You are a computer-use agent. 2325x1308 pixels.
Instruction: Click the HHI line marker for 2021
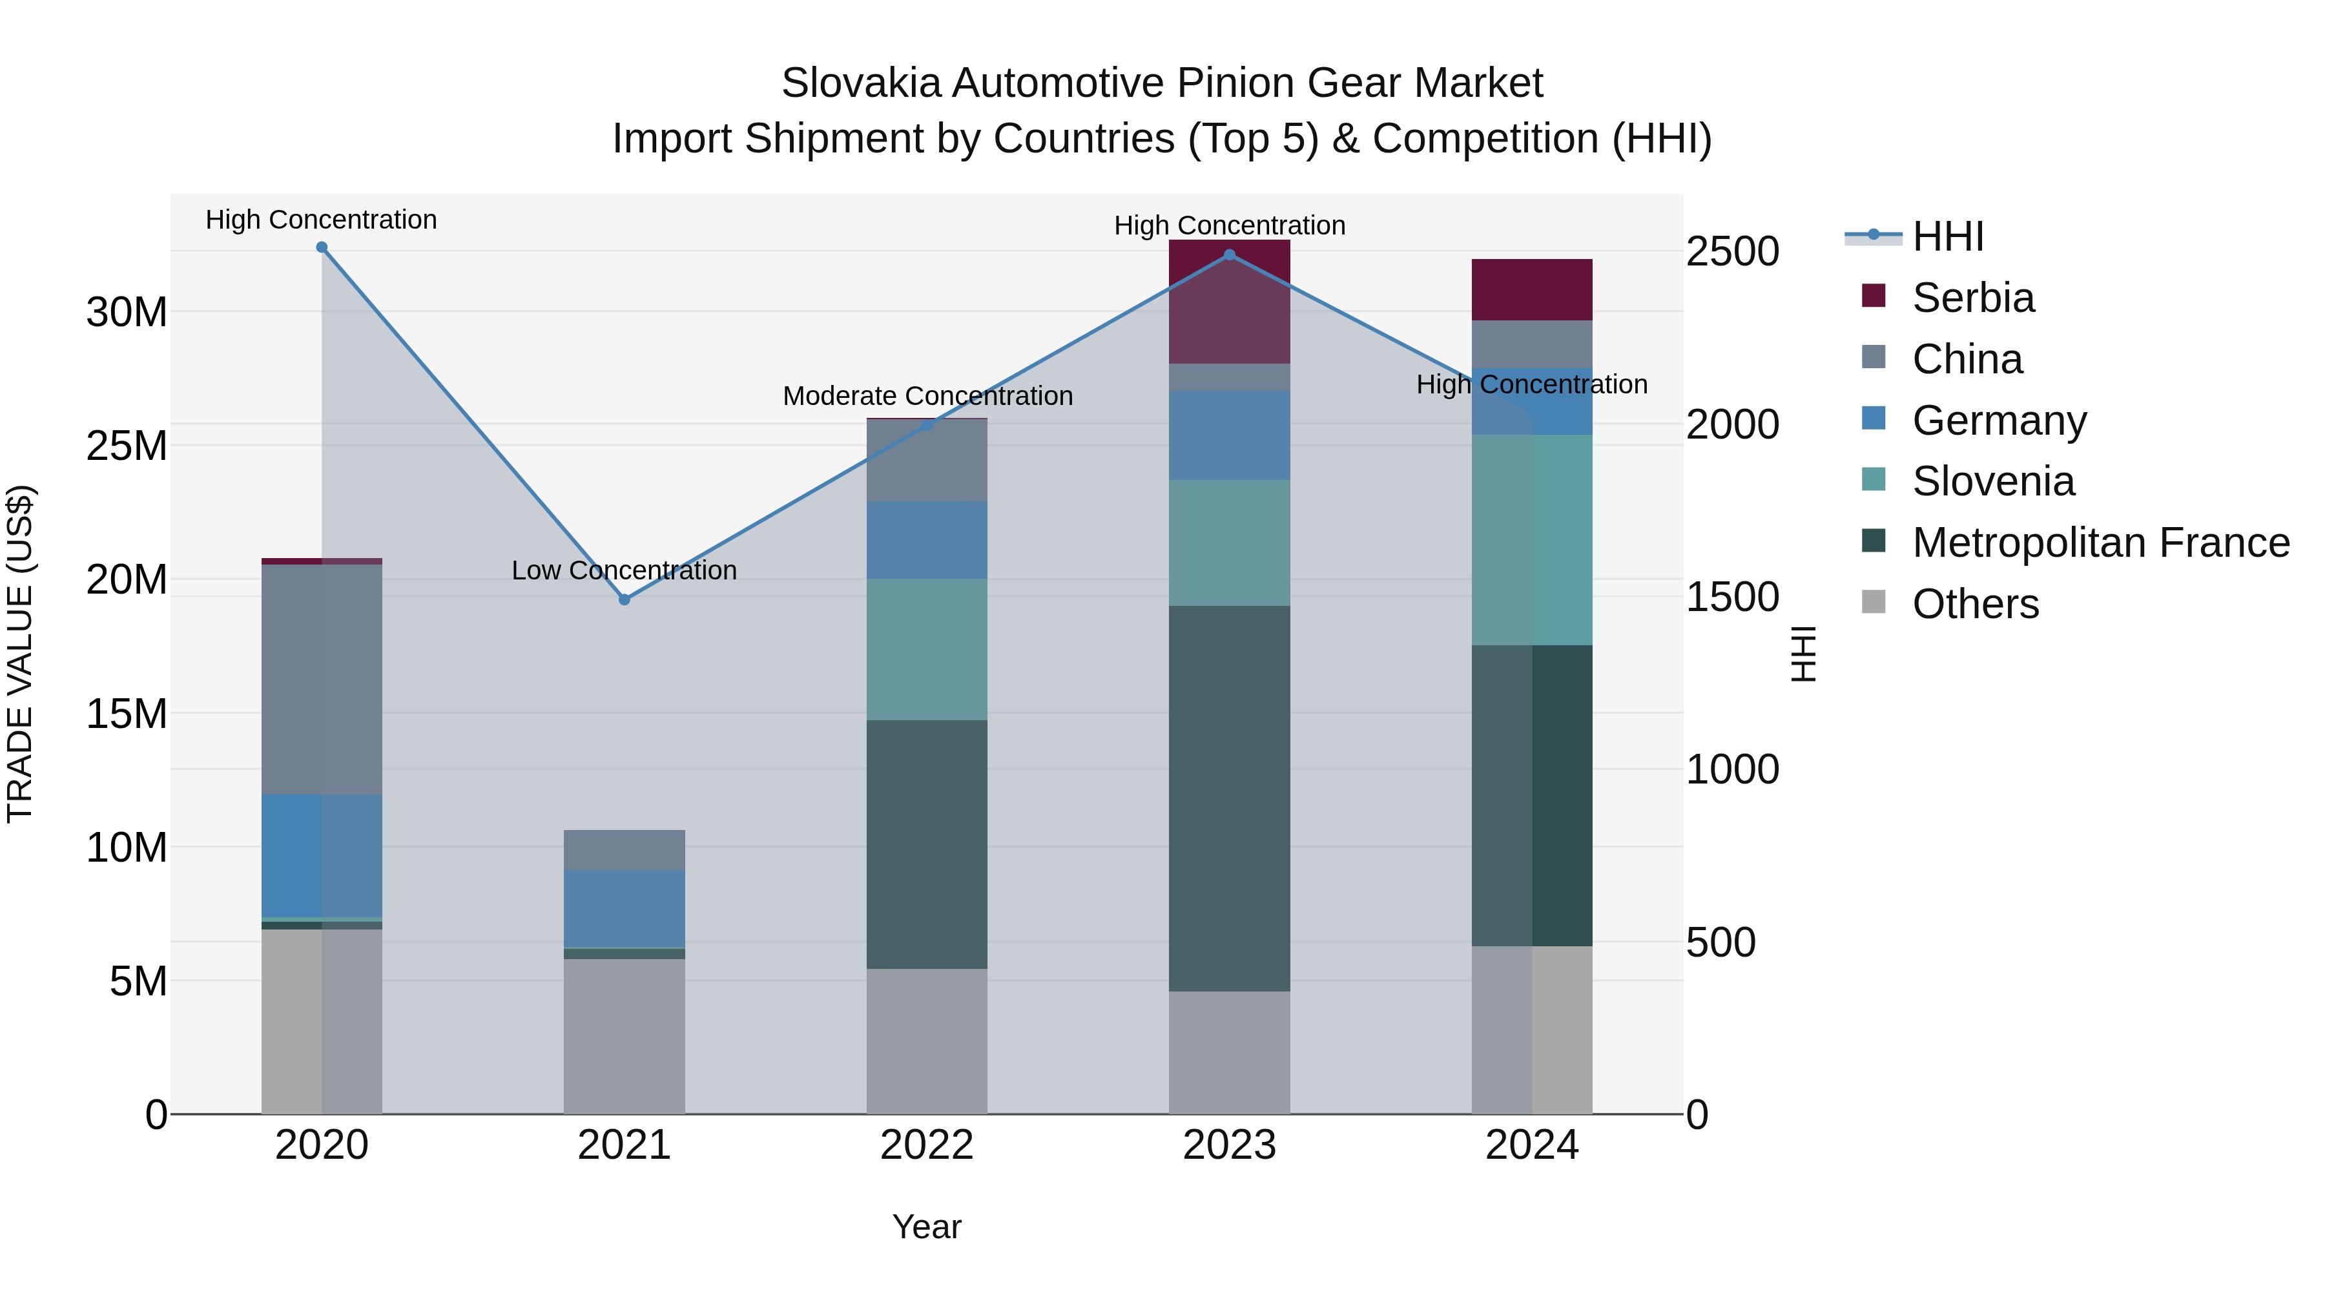coord(624,599)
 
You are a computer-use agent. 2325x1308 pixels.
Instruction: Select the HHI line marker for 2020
coord(322,247)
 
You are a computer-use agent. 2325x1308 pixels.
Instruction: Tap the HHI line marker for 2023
coord(1229,255)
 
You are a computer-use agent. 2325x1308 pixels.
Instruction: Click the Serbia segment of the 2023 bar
coord(1229,302)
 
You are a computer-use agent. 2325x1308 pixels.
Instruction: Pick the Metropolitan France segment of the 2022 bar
coord(927,844)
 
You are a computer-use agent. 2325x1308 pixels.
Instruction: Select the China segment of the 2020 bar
coord(322,679)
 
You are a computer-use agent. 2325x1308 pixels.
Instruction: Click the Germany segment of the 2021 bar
coord(624,908)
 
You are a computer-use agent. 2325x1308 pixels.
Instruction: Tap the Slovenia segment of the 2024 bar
coord(1532,540)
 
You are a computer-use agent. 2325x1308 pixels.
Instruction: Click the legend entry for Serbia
coord(1972,298)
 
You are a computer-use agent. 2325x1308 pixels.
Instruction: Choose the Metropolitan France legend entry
coord(2100,543)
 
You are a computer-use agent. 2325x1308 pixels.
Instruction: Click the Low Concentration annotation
coord(624,570)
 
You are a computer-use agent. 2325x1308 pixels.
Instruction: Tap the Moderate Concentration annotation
coord(927,397)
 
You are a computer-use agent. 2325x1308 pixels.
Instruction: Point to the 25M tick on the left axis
coord(127,446)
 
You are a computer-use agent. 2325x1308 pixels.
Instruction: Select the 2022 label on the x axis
coord(927,1145)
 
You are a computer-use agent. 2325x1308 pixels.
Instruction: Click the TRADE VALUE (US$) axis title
coord(20,654)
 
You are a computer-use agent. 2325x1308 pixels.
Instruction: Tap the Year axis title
coord(927,1227)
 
